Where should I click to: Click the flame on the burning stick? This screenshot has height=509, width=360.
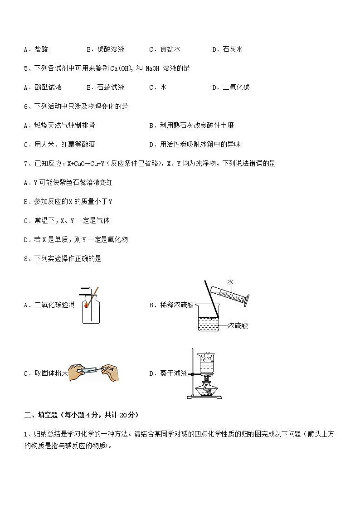tap(87, 306)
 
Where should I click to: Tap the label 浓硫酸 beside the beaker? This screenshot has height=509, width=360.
tap(238, 325)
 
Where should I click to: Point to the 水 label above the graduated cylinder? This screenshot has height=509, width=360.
tap(230, 282)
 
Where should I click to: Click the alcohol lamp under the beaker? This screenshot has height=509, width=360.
tap(207, 388)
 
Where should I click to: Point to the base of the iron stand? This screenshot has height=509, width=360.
tap(204, 398)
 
